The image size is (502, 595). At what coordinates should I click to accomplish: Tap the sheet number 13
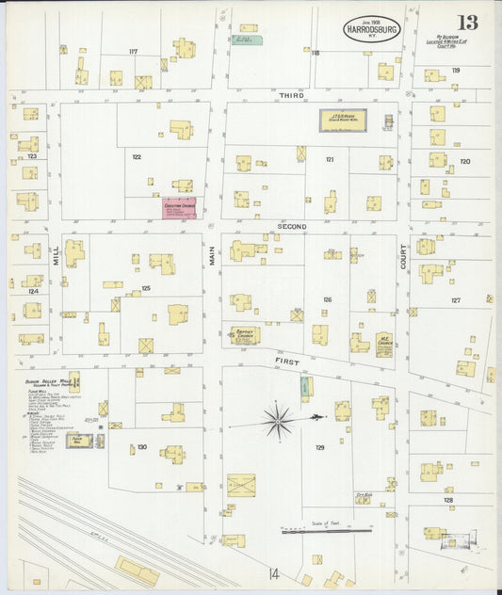tap(467, 23)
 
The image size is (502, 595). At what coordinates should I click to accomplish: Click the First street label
tap(286, 360)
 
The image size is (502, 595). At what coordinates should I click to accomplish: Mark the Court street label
tap(402, 257)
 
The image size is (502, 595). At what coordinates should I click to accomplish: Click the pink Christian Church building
tap(179, 208)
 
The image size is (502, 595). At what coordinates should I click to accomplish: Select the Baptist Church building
tap(246, 335)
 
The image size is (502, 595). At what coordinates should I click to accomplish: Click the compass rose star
tap(278, 420)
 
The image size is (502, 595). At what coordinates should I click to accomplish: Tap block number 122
tap(137, 156)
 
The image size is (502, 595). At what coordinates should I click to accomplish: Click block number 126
tap(327, 299)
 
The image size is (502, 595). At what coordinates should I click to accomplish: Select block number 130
tap(141, 447)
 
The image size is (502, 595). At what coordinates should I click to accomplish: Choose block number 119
tap(456, 71)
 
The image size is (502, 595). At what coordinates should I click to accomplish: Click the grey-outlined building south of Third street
tap(343, 121)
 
